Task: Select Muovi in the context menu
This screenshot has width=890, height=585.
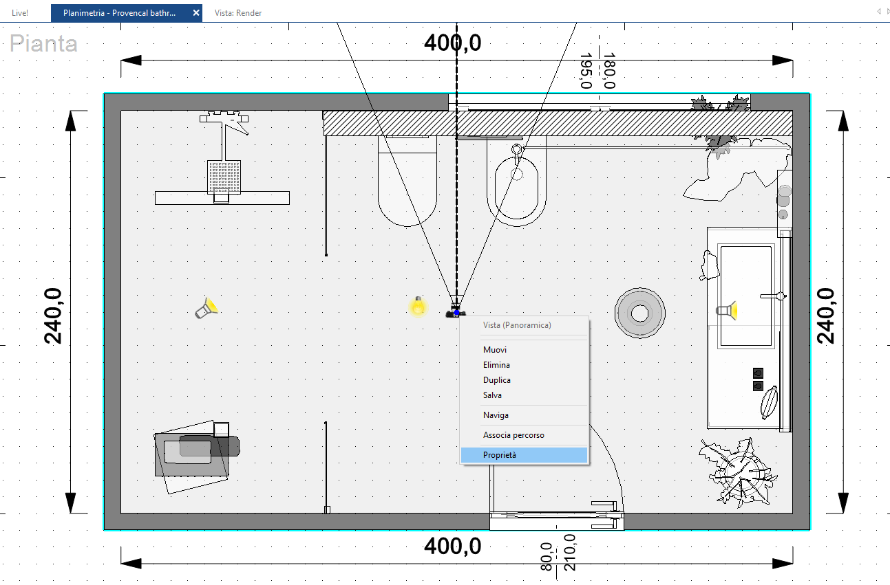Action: (x=495, y=350)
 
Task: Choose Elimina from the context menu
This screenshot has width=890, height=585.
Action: (x=496, y=365)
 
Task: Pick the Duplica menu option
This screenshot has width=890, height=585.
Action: (x=497, y=380)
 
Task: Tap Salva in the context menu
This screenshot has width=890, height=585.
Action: (x=492, y=395)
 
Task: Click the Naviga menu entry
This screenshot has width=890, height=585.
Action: (x=496, y=415)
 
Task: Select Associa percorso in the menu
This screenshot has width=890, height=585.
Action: (x=513, y=435)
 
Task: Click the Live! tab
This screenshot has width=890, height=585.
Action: (x=20, y=12)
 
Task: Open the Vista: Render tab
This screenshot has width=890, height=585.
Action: (x=238, y=12)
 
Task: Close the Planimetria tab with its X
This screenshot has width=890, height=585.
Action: (x=196, y=12)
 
